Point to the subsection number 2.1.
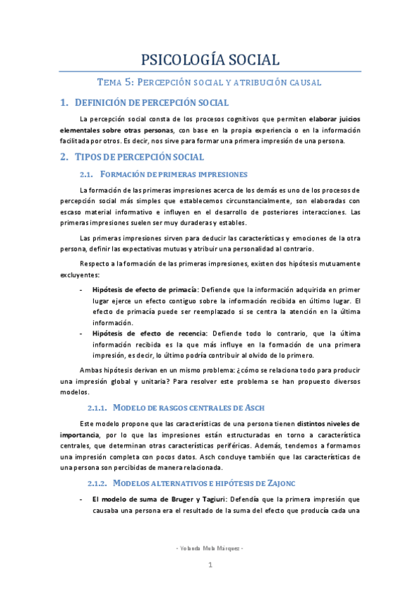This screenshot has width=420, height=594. click(x=87, y=174)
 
